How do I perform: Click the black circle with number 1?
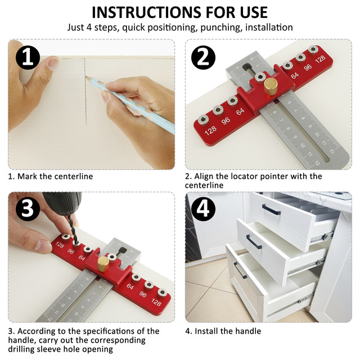[28, 57]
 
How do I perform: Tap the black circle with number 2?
[203, 57]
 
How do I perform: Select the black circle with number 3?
[28, 209]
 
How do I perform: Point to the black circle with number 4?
[203, 209]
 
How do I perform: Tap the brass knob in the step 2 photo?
[271, 86]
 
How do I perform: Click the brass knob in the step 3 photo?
[103, 264]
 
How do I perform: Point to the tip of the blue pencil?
[86, 77]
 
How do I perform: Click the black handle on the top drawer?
[271, 209]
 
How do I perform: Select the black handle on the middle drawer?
[254, 241]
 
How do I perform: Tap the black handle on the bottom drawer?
[240, 270]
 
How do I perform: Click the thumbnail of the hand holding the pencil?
[91, 105]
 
